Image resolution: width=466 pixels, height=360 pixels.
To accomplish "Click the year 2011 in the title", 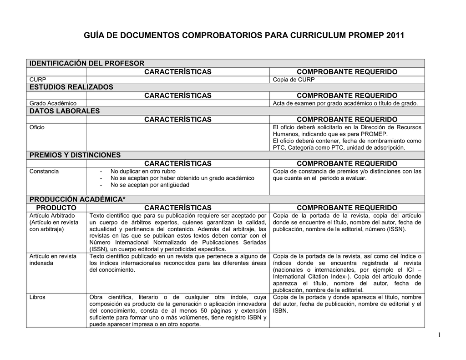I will (x=395, y=35).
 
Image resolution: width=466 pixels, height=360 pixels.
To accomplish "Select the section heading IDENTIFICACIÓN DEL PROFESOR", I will (x=86, y=63).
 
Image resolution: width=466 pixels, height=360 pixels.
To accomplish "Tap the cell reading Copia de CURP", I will (x=294, y=80).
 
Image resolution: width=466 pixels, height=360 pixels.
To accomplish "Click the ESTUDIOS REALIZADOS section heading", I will (x=71, y=87).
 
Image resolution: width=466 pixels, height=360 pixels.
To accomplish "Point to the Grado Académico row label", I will (x=53, y=103).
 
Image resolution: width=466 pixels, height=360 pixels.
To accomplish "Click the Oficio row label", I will (x=37, y=127).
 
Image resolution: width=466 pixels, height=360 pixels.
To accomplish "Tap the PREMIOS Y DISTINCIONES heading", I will (x=75, y=155).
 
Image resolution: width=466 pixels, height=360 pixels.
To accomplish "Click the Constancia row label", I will (x=44, y=172).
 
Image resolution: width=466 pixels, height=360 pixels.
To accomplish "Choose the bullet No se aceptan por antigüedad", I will (x=150, y=185).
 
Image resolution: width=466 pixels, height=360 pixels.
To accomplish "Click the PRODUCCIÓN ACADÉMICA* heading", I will (x=77, y=199).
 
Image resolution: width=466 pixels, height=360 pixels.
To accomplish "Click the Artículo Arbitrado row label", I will (x=52, y=215).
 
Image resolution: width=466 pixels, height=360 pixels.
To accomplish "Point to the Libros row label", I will (x=37, y=298).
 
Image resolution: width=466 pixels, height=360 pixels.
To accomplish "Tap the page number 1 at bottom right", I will (x=439, y=335).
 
